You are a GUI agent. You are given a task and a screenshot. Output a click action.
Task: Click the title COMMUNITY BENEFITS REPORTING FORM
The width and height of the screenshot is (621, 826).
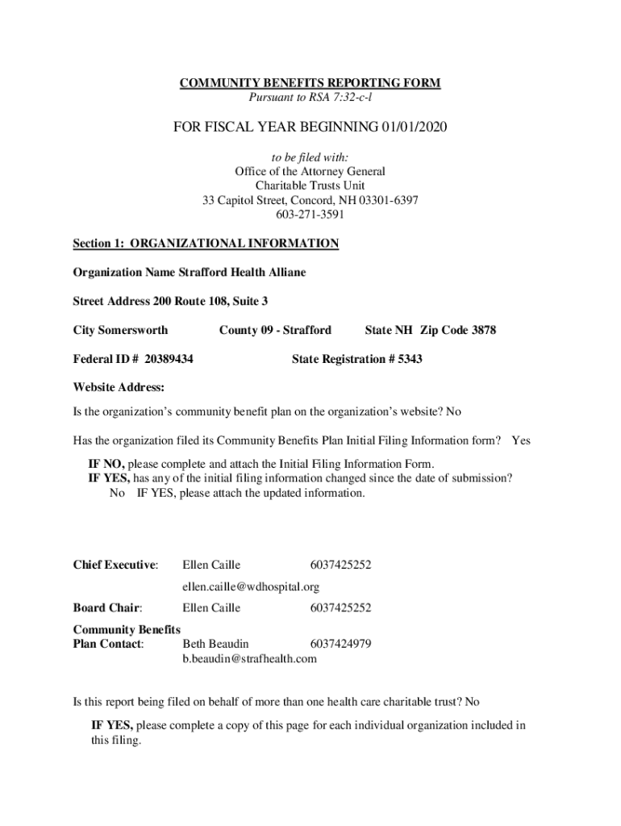310,84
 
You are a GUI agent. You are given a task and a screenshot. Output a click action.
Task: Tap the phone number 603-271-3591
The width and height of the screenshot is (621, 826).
310,215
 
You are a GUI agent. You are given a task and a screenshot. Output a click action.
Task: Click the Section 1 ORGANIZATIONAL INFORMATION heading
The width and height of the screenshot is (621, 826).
206,244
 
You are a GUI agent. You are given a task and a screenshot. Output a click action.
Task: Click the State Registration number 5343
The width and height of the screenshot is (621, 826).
410,359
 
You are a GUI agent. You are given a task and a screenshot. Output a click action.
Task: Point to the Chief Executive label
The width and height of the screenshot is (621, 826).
115,565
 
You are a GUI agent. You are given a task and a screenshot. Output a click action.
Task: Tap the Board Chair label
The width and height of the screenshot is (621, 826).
107,607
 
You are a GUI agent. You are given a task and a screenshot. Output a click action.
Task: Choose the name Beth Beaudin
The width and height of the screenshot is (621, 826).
215,644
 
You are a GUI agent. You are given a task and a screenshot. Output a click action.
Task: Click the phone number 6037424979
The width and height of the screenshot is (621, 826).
340,644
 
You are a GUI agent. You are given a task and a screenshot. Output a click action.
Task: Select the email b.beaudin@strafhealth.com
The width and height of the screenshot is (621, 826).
250,658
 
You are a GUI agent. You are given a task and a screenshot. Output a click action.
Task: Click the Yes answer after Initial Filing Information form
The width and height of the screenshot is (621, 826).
521,440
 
